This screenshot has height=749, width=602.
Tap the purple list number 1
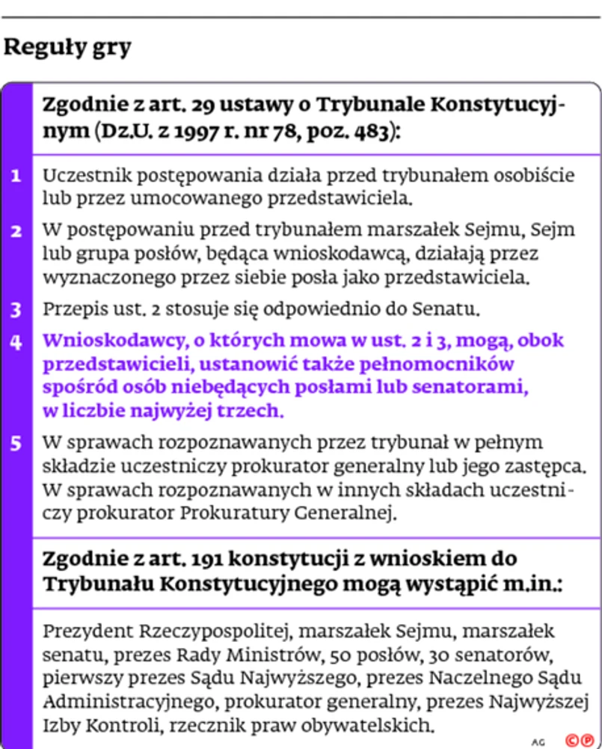[16, 177]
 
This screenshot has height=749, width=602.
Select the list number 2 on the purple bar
[16, 231]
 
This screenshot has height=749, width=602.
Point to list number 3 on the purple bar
[16, 309]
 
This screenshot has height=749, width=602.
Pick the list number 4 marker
[16, 341]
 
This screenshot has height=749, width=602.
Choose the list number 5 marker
[16, 443]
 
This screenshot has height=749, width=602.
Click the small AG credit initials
[538, 742]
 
